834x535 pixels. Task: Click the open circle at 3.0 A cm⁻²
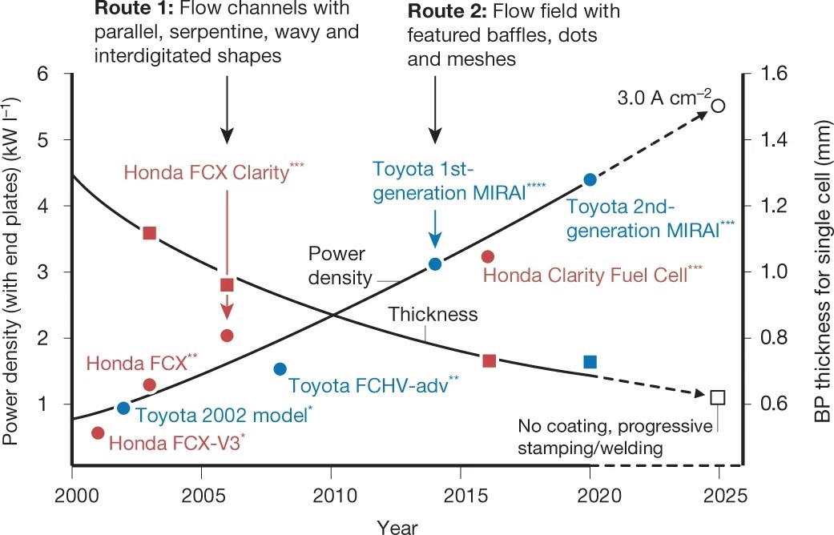click(x=719, y=106)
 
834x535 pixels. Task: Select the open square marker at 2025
click(x=718, y=397)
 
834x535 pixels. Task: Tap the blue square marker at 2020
click(x=590, y=362)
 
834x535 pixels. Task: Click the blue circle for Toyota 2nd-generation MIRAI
click(x=590, y=179)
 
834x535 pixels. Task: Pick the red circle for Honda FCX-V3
click(x=98, y=433)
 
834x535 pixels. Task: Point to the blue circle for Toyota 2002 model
click(x=123, y=408)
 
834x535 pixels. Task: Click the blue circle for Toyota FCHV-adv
click(x=280, y=369)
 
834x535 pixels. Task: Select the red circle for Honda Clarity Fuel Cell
click(x=487, y=256)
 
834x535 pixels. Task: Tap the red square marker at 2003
click(x=149, y=233)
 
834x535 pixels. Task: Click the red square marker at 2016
click(x=490, y=360)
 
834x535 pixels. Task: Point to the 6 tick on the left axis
click(x=43, y=74)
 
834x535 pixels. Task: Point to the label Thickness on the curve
click(x=433, y=315)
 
